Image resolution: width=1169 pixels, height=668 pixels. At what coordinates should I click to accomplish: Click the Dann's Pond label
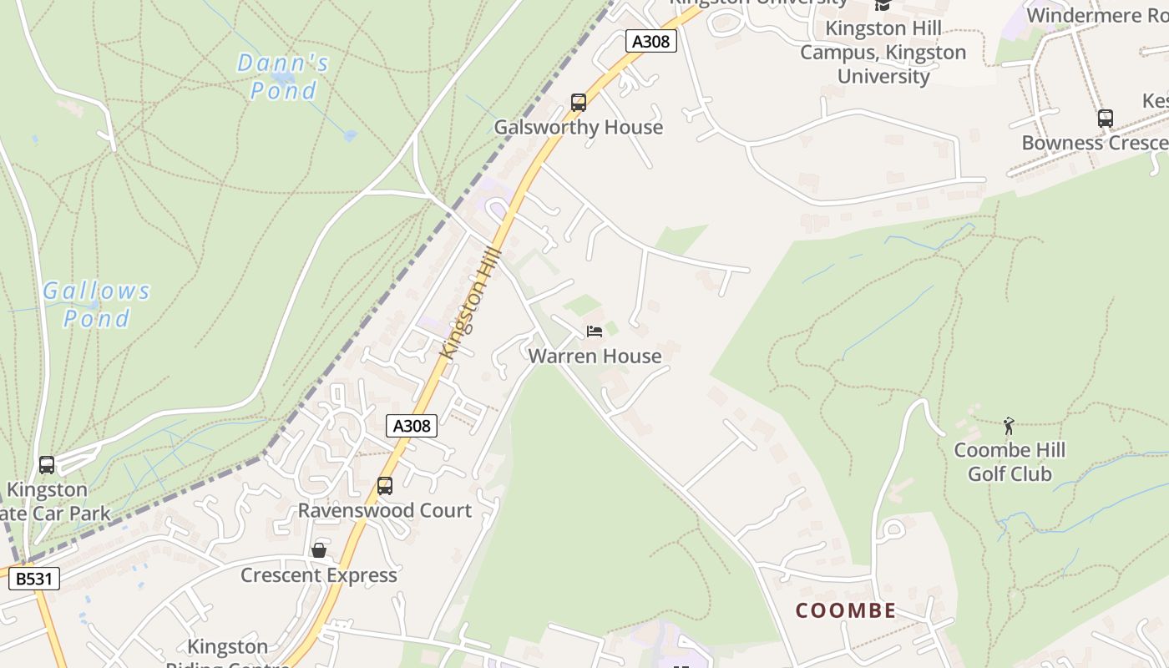tap(283, 76)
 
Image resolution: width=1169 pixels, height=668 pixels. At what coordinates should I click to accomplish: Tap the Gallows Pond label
tap(97, 304)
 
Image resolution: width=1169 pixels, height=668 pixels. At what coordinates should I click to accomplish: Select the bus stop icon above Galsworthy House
tap(579, 103)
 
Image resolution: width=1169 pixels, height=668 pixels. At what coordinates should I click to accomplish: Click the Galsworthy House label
tap(579, 127)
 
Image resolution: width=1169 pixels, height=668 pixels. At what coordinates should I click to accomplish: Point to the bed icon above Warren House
tap(595, 331)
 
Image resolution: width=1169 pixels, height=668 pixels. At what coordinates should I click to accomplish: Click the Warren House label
tap(595, 356)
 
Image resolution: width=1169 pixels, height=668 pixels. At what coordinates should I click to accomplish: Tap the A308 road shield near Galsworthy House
tap(650, 40)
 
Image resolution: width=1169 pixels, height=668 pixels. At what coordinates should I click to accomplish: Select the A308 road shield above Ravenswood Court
tap(412, 426)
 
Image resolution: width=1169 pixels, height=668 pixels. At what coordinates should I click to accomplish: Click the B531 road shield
tap(34, 578)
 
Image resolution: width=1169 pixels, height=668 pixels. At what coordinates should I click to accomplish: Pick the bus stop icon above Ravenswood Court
tap(385, 485)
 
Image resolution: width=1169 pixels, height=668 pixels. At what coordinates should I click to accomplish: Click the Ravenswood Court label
tap(385, 509)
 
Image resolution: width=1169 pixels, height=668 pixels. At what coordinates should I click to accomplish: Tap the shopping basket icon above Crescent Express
tap(318, 550)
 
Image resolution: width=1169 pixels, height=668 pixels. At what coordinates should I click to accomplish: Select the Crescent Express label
tap(318, 574)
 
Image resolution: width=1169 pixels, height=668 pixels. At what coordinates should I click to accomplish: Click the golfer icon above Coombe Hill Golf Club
tap(1009, 426)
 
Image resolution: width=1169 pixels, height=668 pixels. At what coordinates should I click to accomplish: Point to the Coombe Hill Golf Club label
tap(1010, 462)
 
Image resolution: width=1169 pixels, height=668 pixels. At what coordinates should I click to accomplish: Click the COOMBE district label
tap(846, 610)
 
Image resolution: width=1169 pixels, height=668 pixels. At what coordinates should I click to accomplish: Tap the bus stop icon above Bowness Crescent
tap(1106, 119)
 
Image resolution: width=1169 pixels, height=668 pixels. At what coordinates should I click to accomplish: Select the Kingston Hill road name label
tap(472, 303)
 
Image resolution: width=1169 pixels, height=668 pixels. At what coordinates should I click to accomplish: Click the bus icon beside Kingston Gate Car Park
tap(47, 465)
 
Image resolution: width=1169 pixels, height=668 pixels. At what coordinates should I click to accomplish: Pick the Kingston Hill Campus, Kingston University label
tap(883, 52)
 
